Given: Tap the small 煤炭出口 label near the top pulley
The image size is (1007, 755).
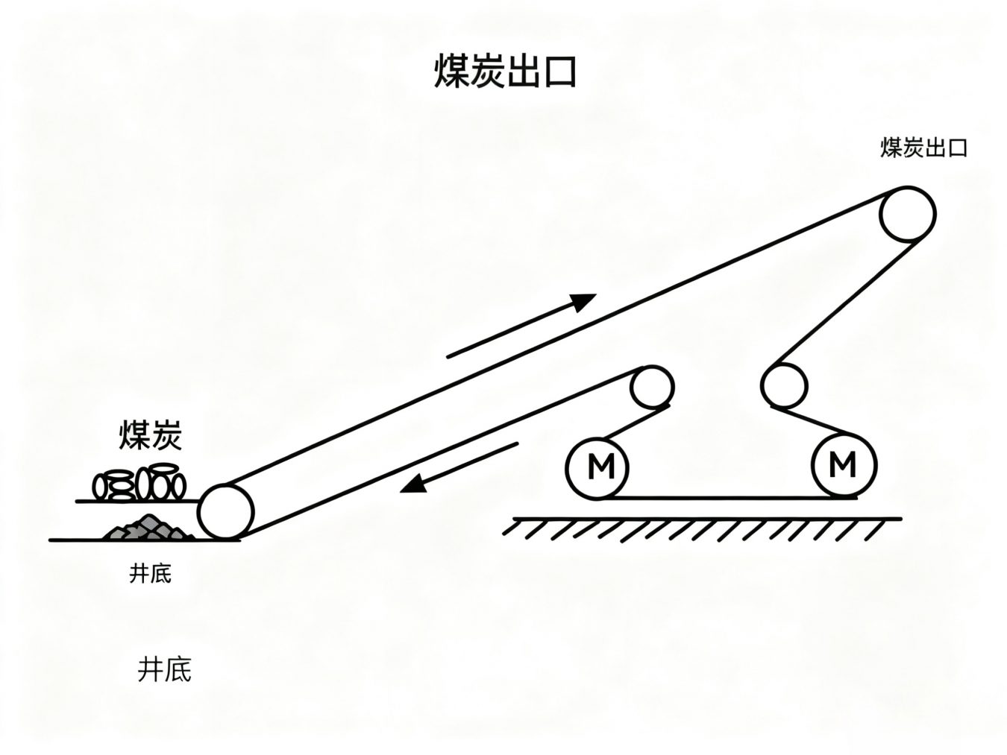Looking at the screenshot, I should pos(923,148).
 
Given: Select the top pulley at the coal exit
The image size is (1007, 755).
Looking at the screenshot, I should pos(907,214).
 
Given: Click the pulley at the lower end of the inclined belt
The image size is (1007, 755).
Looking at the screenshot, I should pos(227,511).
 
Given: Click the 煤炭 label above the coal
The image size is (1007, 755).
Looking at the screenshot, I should pos(151,436).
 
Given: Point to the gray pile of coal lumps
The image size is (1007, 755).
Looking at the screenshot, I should pos(148,528).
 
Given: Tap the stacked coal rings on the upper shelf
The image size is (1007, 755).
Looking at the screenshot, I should pos(139,484).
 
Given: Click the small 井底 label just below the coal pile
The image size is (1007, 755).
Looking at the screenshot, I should pos(151,574).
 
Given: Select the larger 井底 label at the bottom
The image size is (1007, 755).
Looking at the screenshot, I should pos(165,669).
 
